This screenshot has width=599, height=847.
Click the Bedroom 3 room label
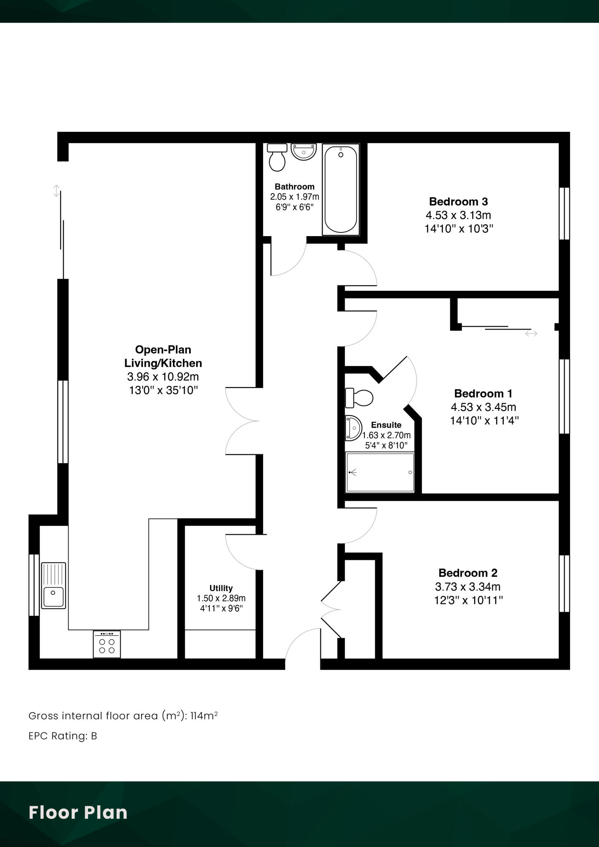click(x=458, y=202)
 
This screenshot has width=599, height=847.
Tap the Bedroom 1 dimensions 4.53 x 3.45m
click(x=483, y=407)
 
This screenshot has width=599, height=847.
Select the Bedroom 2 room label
click(x=468, y=573)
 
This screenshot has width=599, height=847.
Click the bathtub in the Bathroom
click(x=340, y=189)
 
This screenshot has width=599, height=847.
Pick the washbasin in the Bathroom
click(x=304, y=152)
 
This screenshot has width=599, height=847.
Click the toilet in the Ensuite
click(x=359, y=397)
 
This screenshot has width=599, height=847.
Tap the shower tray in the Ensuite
click(x=380, y=472)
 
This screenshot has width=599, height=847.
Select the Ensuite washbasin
click(x=353, y=428)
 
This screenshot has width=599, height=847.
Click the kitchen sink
click(x=53, y=586)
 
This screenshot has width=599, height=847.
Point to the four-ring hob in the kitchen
click(x=107, y=644)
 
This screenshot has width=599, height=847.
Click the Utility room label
click(x=221, y=588)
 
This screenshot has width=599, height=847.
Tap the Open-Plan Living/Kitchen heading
click(x=163, y=357)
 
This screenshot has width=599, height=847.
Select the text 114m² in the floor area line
click(x=204, y=715)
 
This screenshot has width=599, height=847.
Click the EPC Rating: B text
click(x=62, y=736)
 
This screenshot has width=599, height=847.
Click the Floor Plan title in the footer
click(x=78, y=813)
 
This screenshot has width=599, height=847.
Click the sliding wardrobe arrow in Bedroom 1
click(x=531, y=333)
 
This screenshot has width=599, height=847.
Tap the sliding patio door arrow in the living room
click(x=56, y=191)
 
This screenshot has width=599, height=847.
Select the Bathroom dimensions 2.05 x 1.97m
click(x=295, y=197)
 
